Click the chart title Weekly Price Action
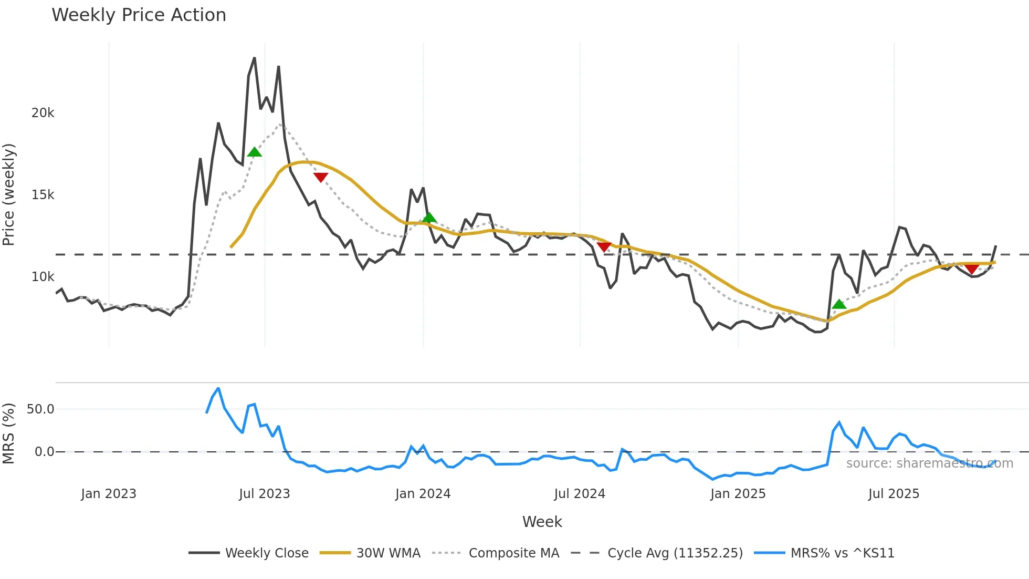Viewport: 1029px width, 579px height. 139,15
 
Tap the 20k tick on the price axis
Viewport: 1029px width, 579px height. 43,113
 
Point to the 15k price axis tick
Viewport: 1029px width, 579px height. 43,195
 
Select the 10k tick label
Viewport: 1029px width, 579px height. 43,277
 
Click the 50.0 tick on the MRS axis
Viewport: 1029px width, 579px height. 40,409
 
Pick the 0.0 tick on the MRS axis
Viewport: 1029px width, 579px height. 44,452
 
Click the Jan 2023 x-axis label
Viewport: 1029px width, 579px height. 109,494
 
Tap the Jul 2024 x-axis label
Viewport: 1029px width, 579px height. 580,494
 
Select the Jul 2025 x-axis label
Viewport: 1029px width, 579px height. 894,494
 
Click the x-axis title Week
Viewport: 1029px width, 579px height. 542,522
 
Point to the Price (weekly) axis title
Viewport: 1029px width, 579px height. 9,194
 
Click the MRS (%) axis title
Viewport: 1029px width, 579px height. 9,433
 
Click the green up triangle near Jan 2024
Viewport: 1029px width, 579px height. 429,218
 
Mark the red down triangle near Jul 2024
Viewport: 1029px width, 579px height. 604,246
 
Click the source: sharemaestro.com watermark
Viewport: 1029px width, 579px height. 929,463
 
